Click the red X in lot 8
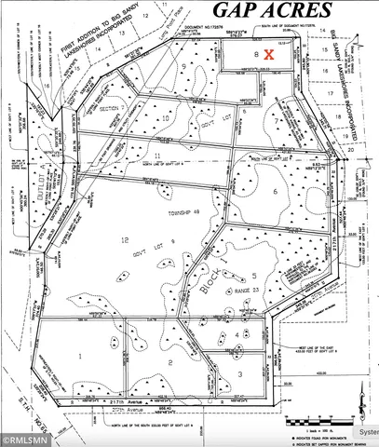click(x=269, y=55)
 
